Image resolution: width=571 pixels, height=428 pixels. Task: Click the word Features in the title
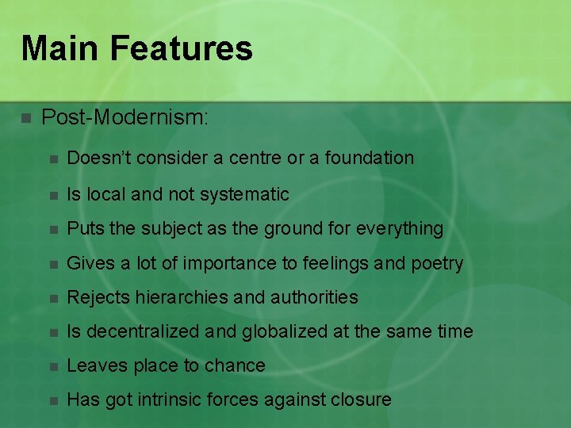point(182,48)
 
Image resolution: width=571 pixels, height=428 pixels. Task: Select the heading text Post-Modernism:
point(125,117)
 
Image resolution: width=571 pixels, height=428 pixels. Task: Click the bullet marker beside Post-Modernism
point(26,118)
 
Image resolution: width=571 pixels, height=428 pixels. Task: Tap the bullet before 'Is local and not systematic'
point(53,194)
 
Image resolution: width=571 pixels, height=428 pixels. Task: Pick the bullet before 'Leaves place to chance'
point(53,366)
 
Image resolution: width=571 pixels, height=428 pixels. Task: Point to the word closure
point(361,399)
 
